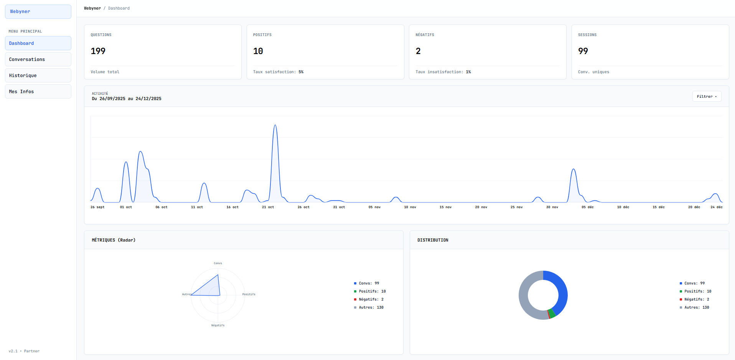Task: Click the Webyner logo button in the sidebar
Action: click(x=38, y=12)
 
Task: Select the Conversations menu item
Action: click(x=38, y=59)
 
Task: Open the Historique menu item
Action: click(x=38, y=76)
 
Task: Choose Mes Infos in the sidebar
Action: click(x=38, y=92)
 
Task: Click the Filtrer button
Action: click(x=707, y=97)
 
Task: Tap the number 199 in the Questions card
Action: click(x=98, y=51)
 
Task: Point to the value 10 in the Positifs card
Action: click(x=258, y=51)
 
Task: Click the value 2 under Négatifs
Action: click(x=418, y=51)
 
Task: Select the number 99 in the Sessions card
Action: click(x=583, y=51)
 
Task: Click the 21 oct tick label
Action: click(x=268, y=207)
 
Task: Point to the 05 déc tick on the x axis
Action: click(x=587, y=207)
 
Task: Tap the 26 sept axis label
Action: click(x=97, y=207)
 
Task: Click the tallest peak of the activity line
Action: click(x=275, y=125)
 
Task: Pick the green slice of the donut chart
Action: click(x=552, y=313)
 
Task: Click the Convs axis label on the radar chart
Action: click(x=218, y=263)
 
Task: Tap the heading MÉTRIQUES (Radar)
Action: click(x=114, y=240)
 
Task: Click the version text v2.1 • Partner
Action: click(x=24, y=351)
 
